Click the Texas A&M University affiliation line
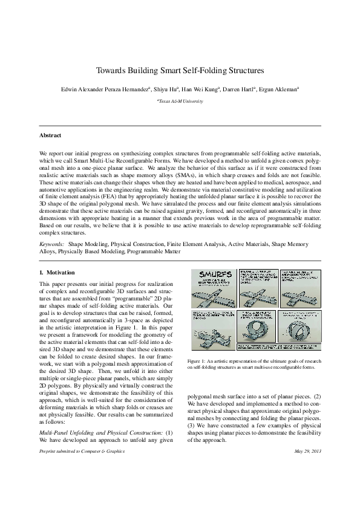point(180,102)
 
